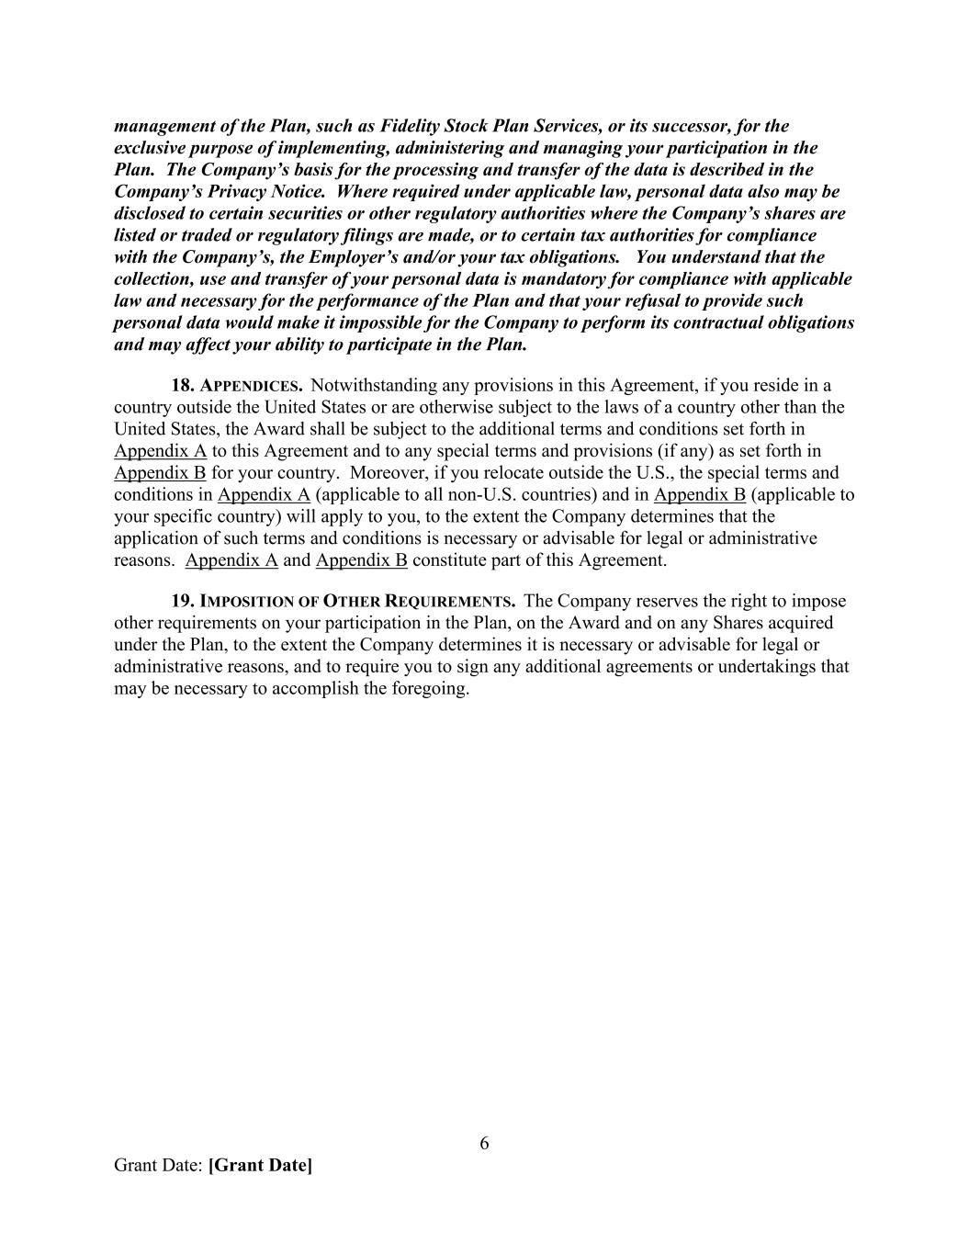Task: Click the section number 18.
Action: pyautogui.click(x=182, y=386)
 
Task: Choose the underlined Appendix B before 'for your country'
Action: pyautogui.click(x=160, y=473)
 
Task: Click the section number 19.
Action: pyautogui.click(x=182, y=602)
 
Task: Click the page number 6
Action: pyautogui.click(x=484, y=1144)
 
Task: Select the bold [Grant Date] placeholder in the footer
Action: pyautogui.click(x=260, y=1166)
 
